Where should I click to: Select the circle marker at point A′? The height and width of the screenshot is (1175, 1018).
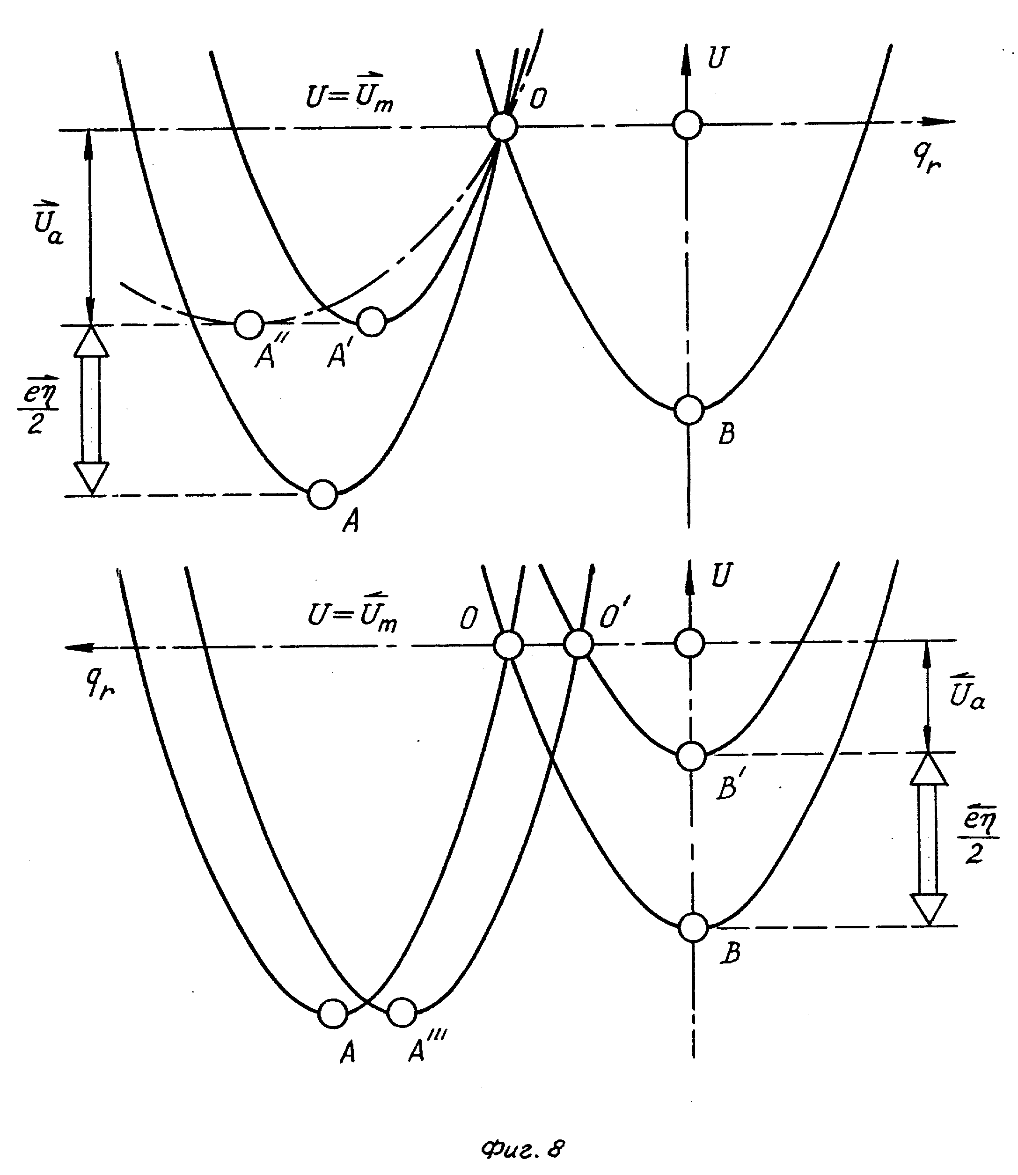372,322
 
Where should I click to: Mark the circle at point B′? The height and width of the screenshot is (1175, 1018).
691,756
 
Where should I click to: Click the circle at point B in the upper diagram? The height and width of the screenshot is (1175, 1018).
689,409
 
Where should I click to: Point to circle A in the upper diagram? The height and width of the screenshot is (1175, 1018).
322,494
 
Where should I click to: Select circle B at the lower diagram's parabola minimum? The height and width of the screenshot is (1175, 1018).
693,928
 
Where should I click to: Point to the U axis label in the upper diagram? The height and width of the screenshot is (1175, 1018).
717,58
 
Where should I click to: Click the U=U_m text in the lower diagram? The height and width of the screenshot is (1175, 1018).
352,614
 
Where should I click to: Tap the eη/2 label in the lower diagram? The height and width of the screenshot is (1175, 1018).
978,837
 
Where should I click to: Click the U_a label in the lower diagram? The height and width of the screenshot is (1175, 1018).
967,691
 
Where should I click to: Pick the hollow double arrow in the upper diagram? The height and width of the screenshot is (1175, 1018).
91,409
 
